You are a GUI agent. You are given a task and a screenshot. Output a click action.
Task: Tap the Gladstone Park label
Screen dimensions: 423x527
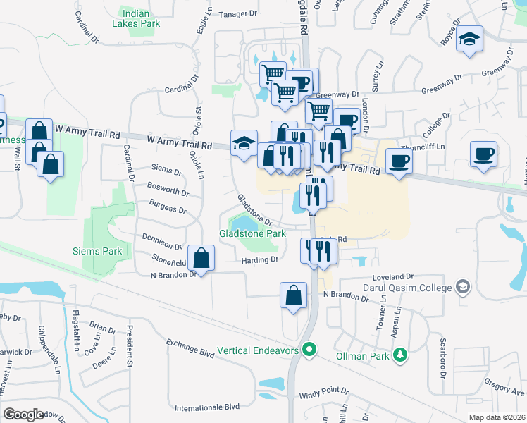click(x=252, y=233)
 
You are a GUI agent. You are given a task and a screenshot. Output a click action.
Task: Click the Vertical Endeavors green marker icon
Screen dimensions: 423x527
click(x=309, y=350)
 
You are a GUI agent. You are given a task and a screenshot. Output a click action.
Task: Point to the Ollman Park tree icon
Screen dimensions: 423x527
click(x=401, y=355)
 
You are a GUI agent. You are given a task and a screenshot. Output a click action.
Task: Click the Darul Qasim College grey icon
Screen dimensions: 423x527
click(x=462, y=287)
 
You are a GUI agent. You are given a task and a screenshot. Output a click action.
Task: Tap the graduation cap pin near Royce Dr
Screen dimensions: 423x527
click(x=469, y=39)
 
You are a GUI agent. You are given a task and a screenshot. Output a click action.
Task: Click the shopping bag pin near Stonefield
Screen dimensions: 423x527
click(x=201, y=258)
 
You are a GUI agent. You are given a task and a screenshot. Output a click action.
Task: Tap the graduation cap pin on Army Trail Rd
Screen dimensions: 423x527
click(x=244, y=143)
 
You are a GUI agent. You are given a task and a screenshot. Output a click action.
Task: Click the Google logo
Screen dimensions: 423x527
click(x=23, y=415)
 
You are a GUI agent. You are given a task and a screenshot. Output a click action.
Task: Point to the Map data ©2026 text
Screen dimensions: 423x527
click(x=497, y=417)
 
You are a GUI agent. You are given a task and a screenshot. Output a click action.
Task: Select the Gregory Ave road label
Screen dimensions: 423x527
click(x=504, y=389)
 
